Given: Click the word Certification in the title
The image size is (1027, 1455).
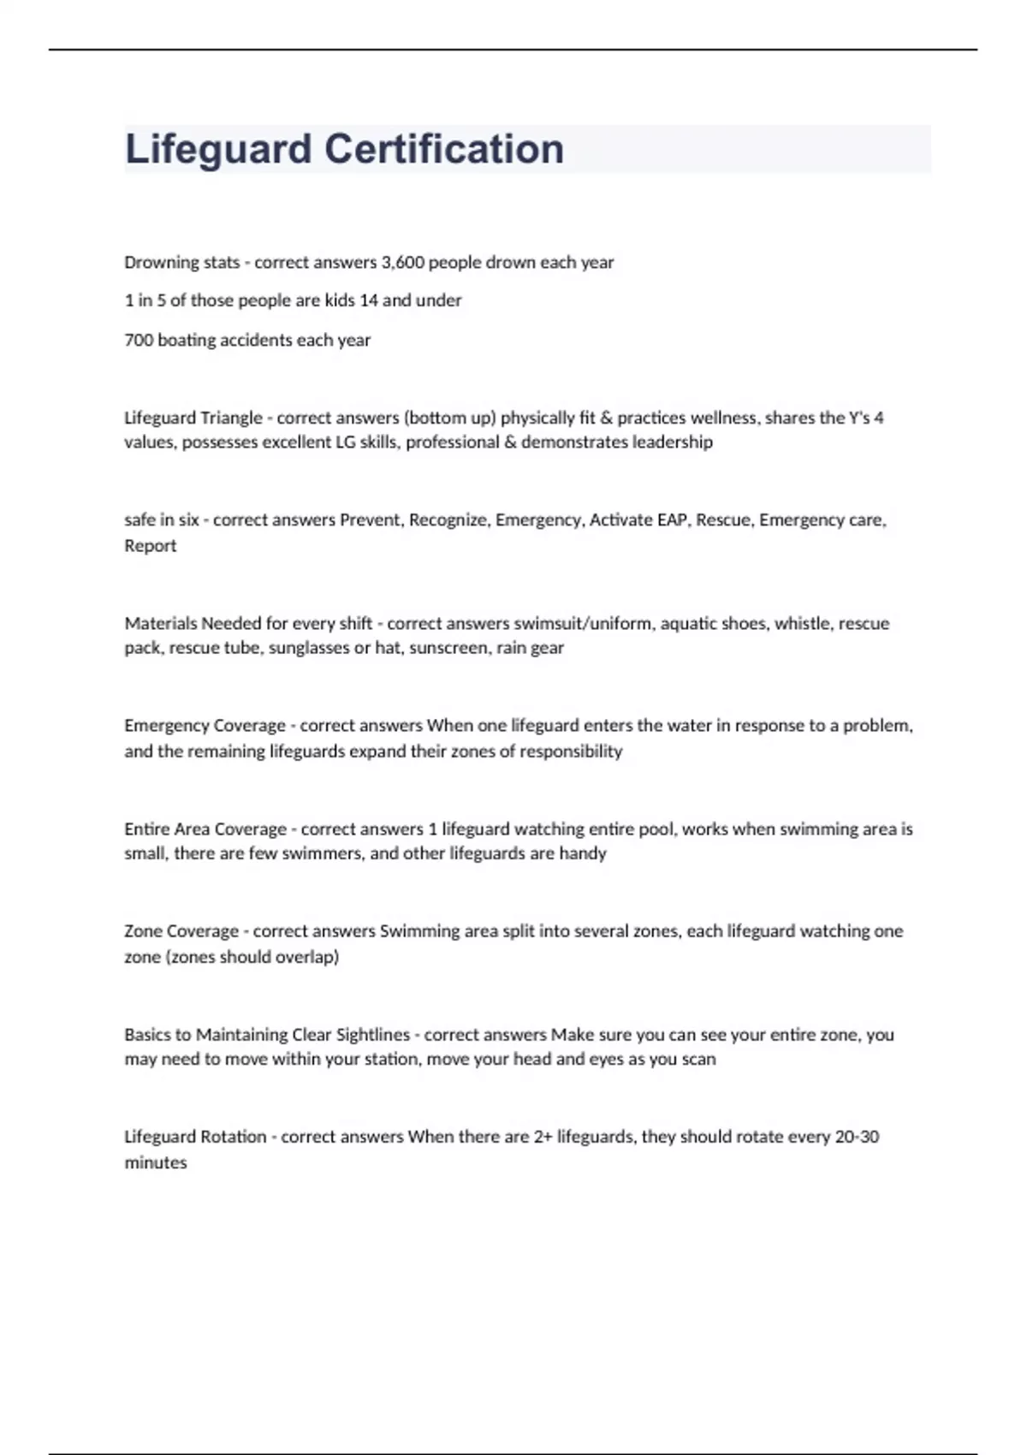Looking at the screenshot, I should coord(444,149).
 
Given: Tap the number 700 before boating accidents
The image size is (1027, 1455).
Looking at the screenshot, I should coord(138,341).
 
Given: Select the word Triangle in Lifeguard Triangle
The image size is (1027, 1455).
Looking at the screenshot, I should coord(230,419).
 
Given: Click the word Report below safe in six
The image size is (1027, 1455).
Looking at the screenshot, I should coord(151,546).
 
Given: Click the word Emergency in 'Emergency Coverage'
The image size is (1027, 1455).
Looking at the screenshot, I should coord(163,726).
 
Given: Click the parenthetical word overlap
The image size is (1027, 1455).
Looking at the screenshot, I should coord(308,957).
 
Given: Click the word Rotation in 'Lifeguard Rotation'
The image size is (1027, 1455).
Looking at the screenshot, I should coord(233,1137).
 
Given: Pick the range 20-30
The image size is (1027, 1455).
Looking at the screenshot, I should coord(857,1137).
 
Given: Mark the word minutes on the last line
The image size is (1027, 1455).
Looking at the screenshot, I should coord(156,1163).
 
